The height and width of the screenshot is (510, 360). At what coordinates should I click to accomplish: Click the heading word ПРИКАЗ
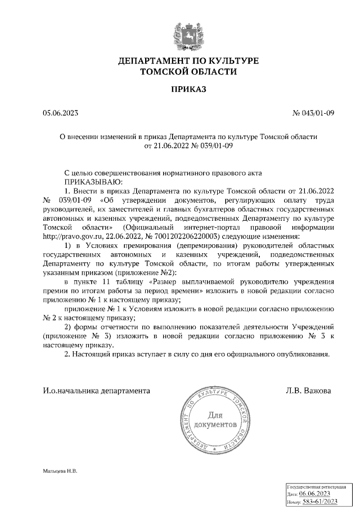188,88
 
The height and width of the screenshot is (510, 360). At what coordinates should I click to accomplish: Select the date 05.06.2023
61,113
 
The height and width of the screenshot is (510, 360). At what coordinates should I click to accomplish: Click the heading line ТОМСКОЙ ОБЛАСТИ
188,71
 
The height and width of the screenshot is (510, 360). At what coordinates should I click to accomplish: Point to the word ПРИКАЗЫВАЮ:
92,182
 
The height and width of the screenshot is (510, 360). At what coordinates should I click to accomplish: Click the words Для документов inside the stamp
214,418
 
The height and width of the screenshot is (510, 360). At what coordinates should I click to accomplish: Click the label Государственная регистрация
320,485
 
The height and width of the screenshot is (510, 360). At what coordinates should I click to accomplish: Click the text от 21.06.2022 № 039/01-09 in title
188,145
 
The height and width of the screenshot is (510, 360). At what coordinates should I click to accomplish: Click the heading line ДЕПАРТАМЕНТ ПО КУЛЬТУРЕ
188,61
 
